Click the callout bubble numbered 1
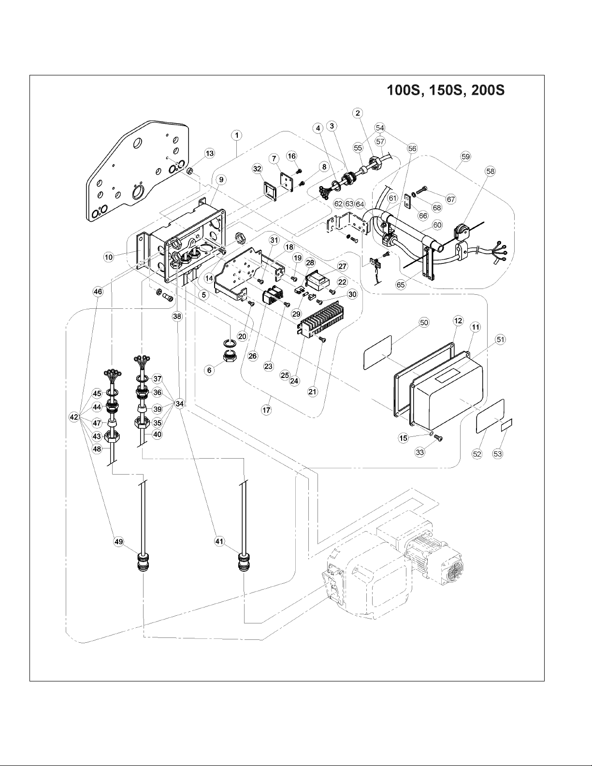point(237,135)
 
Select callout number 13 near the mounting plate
point(210,153)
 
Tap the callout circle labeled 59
point(465,157)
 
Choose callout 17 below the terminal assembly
point(266,410)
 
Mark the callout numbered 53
point(498,454)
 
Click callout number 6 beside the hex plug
point(209,371)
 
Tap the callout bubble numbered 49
point(119,541)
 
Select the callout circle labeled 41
point(219,541)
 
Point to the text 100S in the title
point(404,90)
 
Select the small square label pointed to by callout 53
point(507,424)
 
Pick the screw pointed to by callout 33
point(439,437)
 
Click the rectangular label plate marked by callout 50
point(377,352)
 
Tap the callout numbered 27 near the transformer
point(343,266)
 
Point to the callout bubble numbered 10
point(109,257)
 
